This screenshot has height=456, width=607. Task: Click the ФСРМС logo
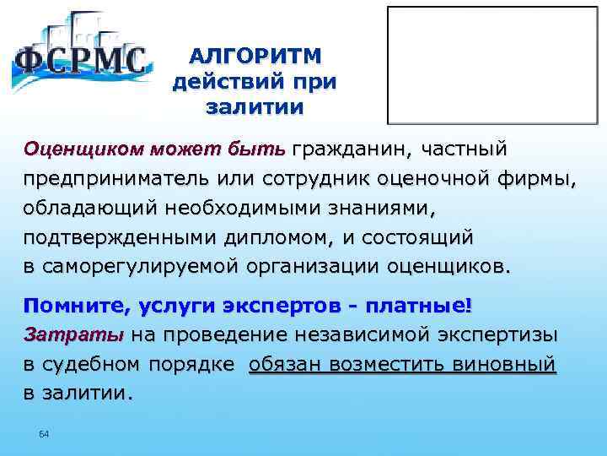80,55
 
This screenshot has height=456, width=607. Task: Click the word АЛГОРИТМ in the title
255,57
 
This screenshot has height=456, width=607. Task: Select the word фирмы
534,180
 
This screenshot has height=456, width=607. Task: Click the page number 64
45,433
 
